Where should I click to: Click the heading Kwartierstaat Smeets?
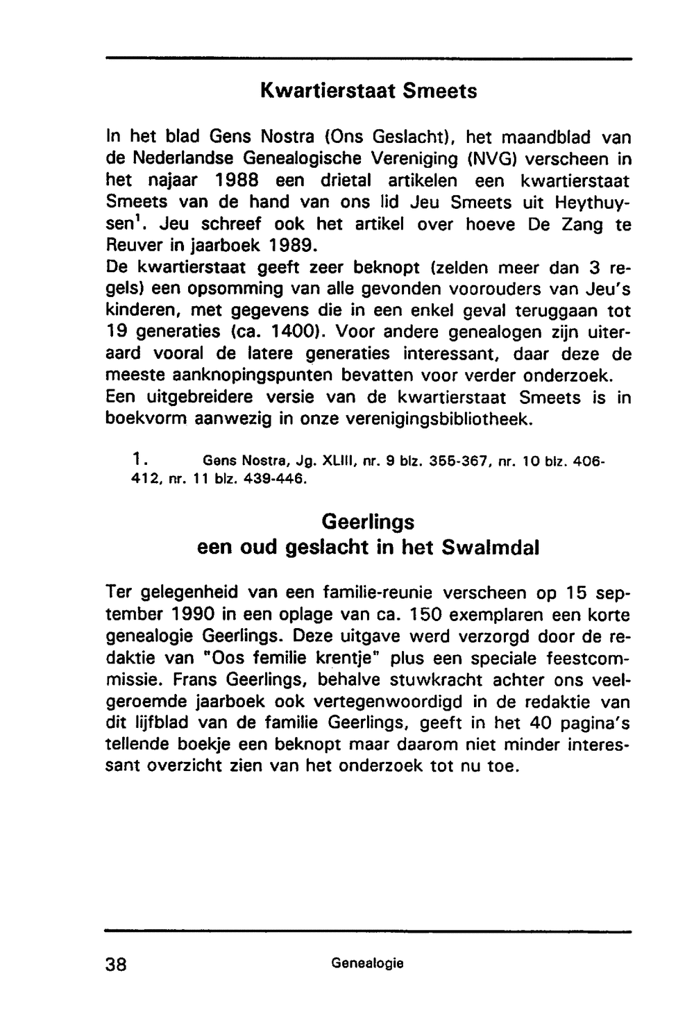pyautogui.click(x=368, y=91)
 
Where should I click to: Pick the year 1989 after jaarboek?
pyautogui.click(x=294, y=246)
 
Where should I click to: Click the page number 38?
pyautogui.click(x=117, y=964)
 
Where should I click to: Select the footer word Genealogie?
pyautogui.click(x=368, y=963)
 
